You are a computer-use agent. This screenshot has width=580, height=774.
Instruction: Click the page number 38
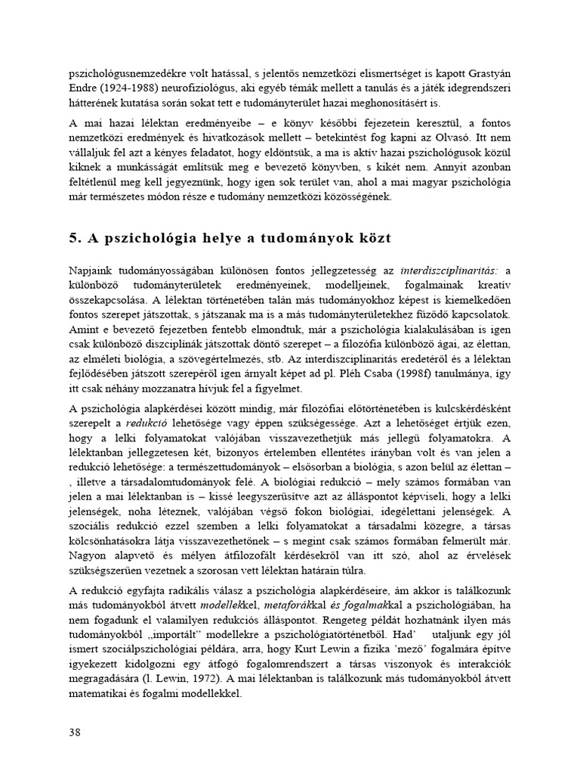click(x=75, y=732)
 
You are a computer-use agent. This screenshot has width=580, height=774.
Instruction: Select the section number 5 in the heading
click(x=73, y=239)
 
